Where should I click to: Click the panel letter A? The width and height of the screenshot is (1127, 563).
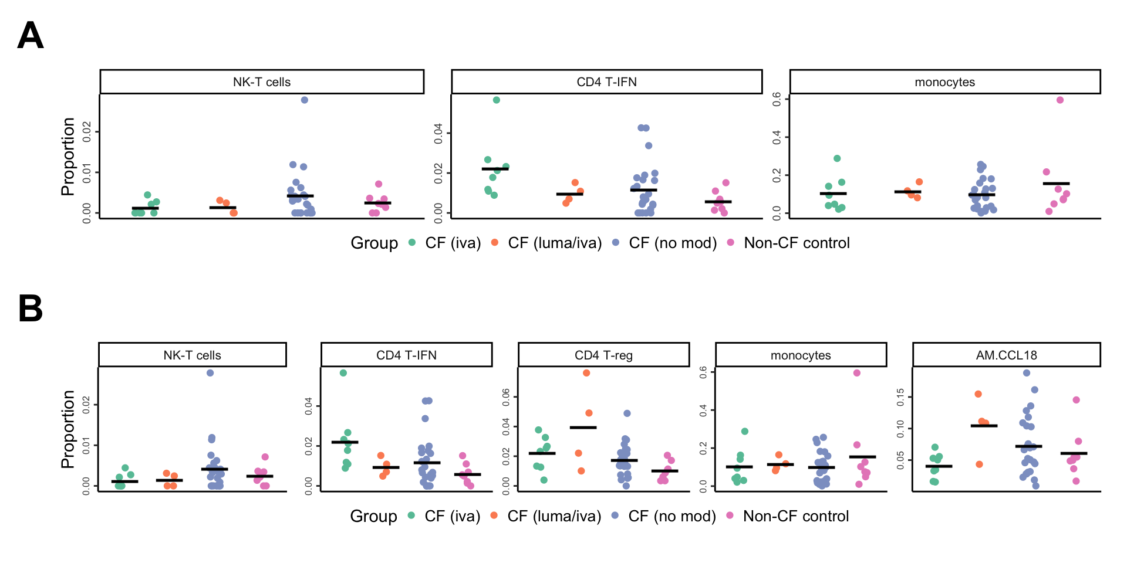tap(31, 36)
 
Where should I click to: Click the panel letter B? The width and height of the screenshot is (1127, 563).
tap(31, 308)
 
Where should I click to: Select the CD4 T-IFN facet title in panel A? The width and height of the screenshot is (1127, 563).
tap(606, 82)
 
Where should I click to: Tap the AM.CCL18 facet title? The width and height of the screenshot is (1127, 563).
tap(1006, 355)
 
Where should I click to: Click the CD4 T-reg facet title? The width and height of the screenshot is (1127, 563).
tap(603, 355)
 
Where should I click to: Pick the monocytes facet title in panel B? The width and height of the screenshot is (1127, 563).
tap(801, 355)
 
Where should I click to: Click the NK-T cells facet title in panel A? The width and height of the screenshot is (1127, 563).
tap(262, 82)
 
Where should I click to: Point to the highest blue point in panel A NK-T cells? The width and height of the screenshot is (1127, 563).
tap(305, 100)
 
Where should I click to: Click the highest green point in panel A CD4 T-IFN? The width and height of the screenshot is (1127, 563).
tap(497, 100)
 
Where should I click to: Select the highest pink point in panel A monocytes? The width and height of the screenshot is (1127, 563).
tap(1060, 100)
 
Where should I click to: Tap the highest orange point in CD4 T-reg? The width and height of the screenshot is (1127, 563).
tap(586, 373)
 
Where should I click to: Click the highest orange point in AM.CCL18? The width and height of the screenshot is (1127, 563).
tap(978, 394)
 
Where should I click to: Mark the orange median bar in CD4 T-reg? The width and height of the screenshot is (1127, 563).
tap(583, 428)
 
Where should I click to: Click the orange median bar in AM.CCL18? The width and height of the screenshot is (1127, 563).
tap(984, 426)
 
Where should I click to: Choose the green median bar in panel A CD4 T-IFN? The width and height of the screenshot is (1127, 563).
tap(495, 169)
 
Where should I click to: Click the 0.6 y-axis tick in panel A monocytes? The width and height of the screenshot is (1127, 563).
tap(777, 99)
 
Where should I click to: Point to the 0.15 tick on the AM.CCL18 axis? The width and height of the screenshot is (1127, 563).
tap(900, 398)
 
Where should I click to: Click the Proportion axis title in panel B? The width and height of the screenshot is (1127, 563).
tap(68, 429)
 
